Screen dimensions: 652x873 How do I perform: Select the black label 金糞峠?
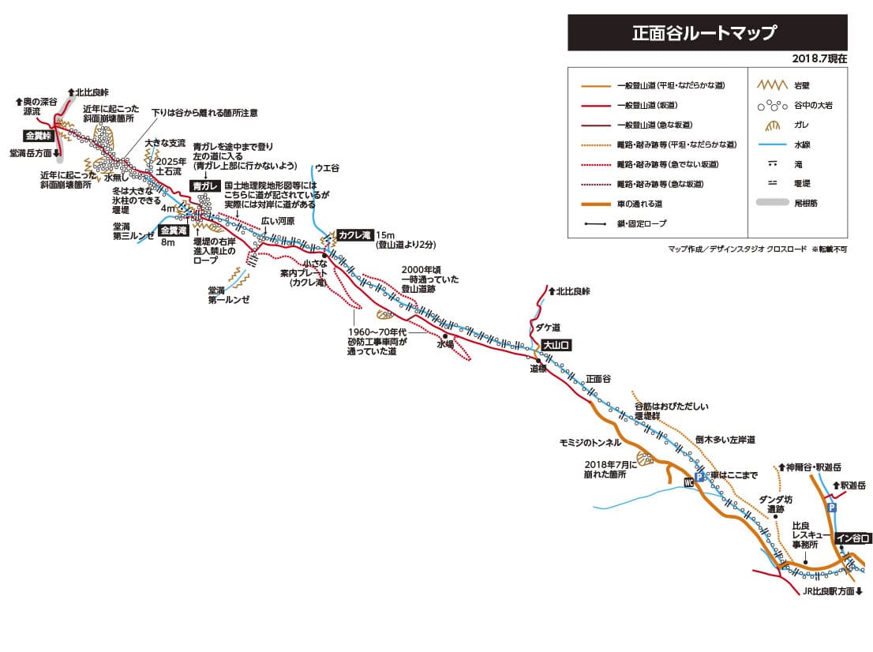click(x=39, y=136)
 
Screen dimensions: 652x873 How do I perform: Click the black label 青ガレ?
click(x=204, y=185)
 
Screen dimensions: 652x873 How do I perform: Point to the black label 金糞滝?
click(x=173, y=230)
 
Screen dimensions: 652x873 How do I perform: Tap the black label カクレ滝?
click(x=354, y=234)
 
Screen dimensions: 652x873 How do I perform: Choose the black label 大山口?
click(x=556, y=345)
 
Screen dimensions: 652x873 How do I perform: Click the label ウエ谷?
click(x=326, y=167)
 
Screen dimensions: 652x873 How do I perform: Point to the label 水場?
click(x=445, y=345)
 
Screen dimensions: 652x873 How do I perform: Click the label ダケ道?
click(x=548, y=327)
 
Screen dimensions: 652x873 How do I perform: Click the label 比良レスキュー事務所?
click(x=805, y=534)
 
